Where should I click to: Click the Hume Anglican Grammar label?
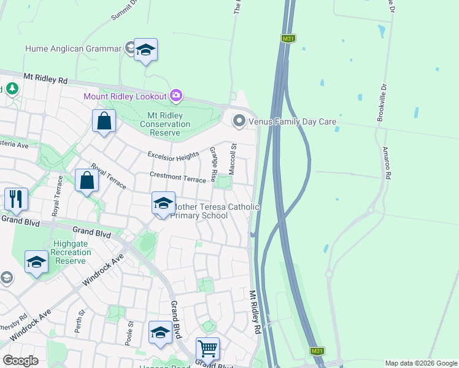(72, 48)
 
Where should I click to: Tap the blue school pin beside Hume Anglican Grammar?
(146, 50)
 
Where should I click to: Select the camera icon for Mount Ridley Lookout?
(176, 95)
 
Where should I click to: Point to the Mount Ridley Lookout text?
(125, 96)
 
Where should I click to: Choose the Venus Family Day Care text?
(293, 121)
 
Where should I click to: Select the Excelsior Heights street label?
(173, 156)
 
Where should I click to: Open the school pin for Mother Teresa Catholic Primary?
(163, 204)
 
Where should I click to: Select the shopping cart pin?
(208, 348)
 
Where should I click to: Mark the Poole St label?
(129, 333)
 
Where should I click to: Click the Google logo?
(20, 361)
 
